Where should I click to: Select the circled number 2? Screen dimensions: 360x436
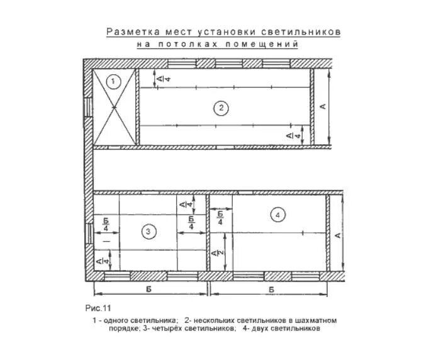coord(220,108)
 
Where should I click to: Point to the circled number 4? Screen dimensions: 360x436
coord(277,215)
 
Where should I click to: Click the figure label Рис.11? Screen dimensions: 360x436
coord(98,308)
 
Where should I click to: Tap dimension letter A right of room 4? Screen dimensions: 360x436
coord(338,235)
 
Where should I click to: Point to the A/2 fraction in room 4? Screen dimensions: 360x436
coord(221,252)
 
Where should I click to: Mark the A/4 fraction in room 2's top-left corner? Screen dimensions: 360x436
coord(160,79)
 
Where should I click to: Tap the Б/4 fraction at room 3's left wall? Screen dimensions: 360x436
coord(106,225)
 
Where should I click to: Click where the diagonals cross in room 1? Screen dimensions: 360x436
coord(115,109)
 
